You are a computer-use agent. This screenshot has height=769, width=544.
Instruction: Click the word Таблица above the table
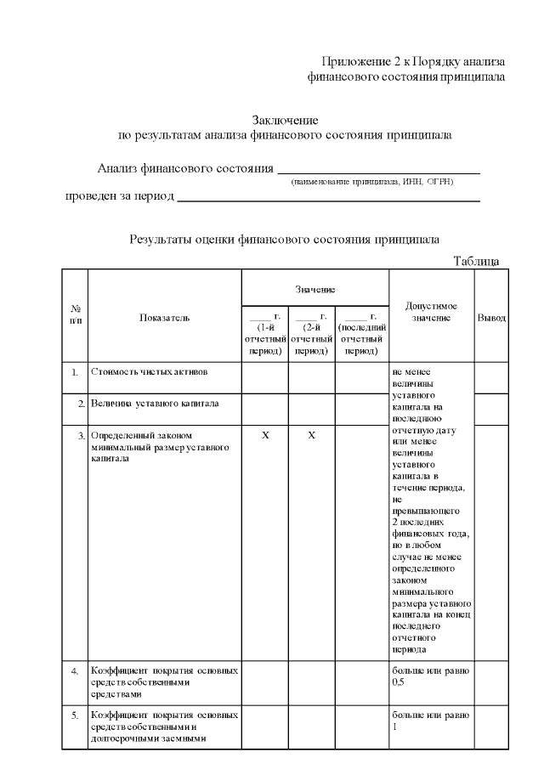[476, 261]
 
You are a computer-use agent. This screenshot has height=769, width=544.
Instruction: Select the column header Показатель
[165, 317]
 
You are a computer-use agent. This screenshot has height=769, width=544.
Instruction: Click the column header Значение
[315, 290]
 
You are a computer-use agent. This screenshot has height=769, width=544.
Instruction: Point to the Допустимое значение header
[432, 311]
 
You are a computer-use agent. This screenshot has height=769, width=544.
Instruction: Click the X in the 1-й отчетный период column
[265, 435]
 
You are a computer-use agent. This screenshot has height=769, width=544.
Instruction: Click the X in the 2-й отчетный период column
[311, 435]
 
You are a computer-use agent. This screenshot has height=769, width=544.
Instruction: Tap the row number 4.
[75, 671]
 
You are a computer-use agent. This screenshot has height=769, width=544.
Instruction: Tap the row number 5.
[75, 715]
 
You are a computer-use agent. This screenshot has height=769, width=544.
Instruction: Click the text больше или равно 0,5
[430, 676]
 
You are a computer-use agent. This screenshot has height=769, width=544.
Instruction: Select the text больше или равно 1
[430, 721]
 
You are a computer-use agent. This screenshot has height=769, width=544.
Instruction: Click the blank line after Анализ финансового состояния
[379, 171]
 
